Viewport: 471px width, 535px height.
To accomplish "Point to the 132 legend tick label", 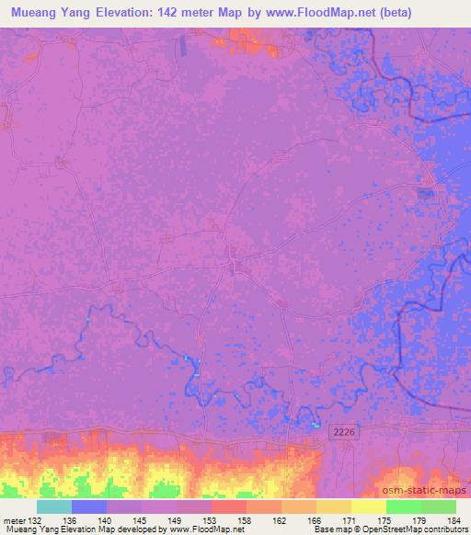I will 34,520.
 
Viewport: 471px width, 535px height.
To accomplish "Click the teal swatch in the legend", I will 54,507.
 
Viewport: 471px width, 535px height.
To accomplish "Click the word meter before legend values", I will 13,520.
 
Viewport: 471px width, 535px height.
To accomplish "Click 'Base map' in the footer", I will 331,530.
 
